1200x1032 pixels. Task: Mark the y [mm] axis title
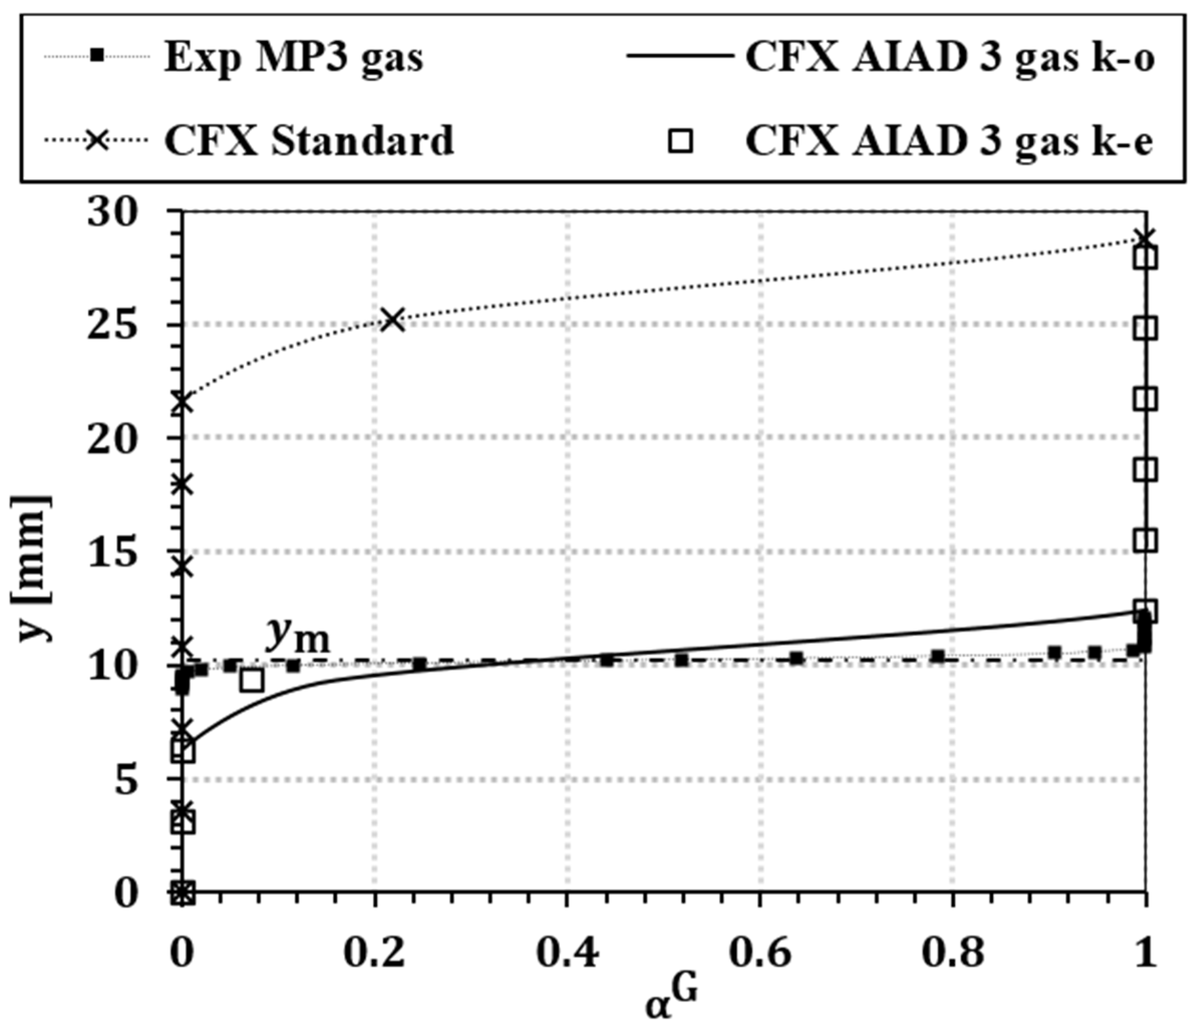coord(32,568)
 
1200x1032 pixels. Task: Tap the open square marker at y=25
coord(1146,329)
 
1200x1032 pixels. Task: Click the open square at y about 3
coord(184,822)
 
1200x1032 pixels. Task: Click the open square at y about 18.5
coord(1146,470)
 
